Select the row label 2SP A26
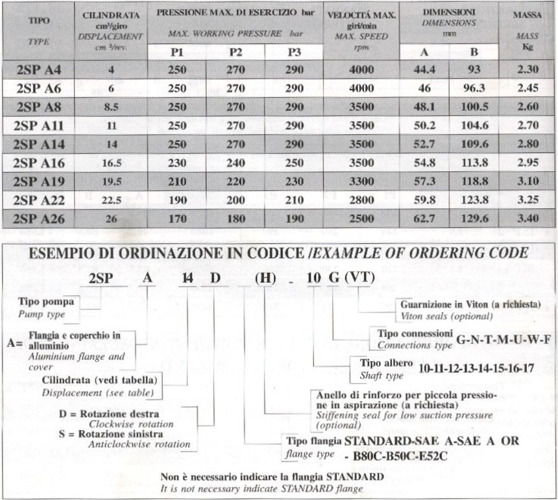point(40,219)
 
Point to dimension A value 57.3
point(423,182)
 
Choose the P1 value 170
point(177,219)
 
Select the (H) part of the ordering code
point(267,281)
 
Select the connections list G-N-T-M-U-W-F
point(503,339)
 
